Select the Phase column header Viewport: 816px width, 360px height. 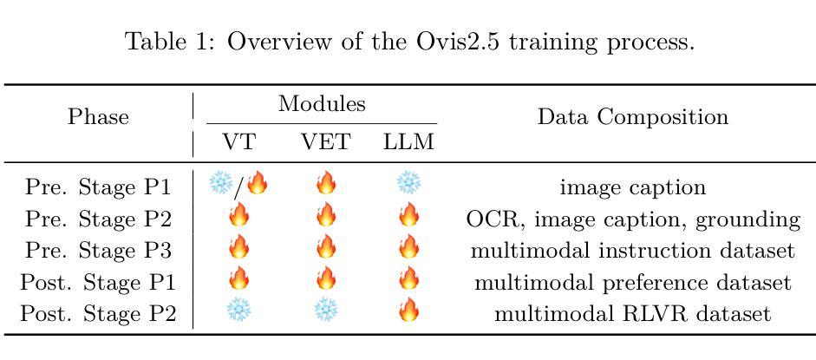pos(98,117)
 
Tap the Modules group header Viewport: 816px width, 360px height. pos(322,103)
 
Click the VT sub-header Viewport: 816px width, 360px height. pos(239,142)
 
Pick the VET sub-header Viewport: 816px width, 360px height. pos(325,142)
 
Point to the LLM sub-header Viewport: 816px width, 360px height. pos(408,142)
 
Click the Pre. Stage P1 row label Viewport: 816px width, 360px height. pos(98,187)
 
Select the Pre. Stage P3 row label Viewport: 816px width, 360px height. pos(98,250)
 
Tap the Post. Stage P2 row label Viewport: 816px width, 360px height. pos(98,314)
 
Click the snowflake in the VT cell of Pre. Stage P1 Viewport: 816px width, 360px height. pos(220,184)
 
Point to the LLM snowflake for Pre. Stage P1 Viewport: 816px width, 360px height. pos(408,184)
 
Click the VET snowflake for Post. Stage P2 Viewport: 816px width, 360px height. pos(325,311)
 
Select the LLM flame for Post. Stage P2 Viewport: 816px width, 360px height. pos(408,311)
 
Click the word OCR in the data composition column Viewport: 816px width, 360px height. pos(487,219)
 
